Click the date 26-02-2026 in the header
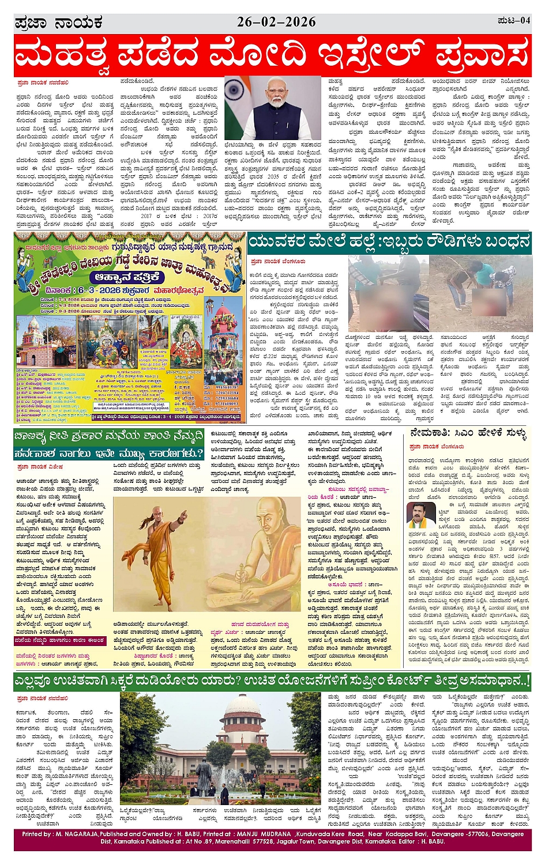[276, 22]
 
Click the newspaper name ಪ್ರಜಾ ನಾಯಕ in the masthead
[59, 22]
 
